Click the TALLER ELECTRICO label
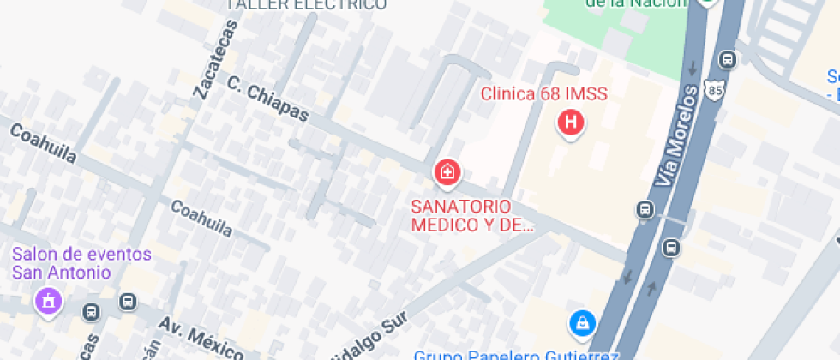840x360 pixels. pos(306,5)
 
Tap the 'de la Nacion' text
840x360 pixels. pos(635,3)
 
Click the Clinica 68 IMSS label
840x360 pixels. pos(543,94)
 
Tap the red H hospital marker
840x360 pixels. pos(571,123)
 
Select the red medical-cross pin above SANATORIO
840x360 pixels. pos(447,172)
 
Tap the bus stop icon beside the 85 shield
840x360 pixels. pos(728,60)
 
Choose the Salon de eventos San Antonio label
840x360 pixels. pos(81,263)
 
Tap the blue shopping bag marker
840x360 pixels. pos(582,323)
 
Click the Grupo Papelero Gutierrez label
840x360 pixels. pos(517,354)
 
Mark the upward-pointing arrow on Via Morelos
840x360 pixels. pos(653,287)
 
